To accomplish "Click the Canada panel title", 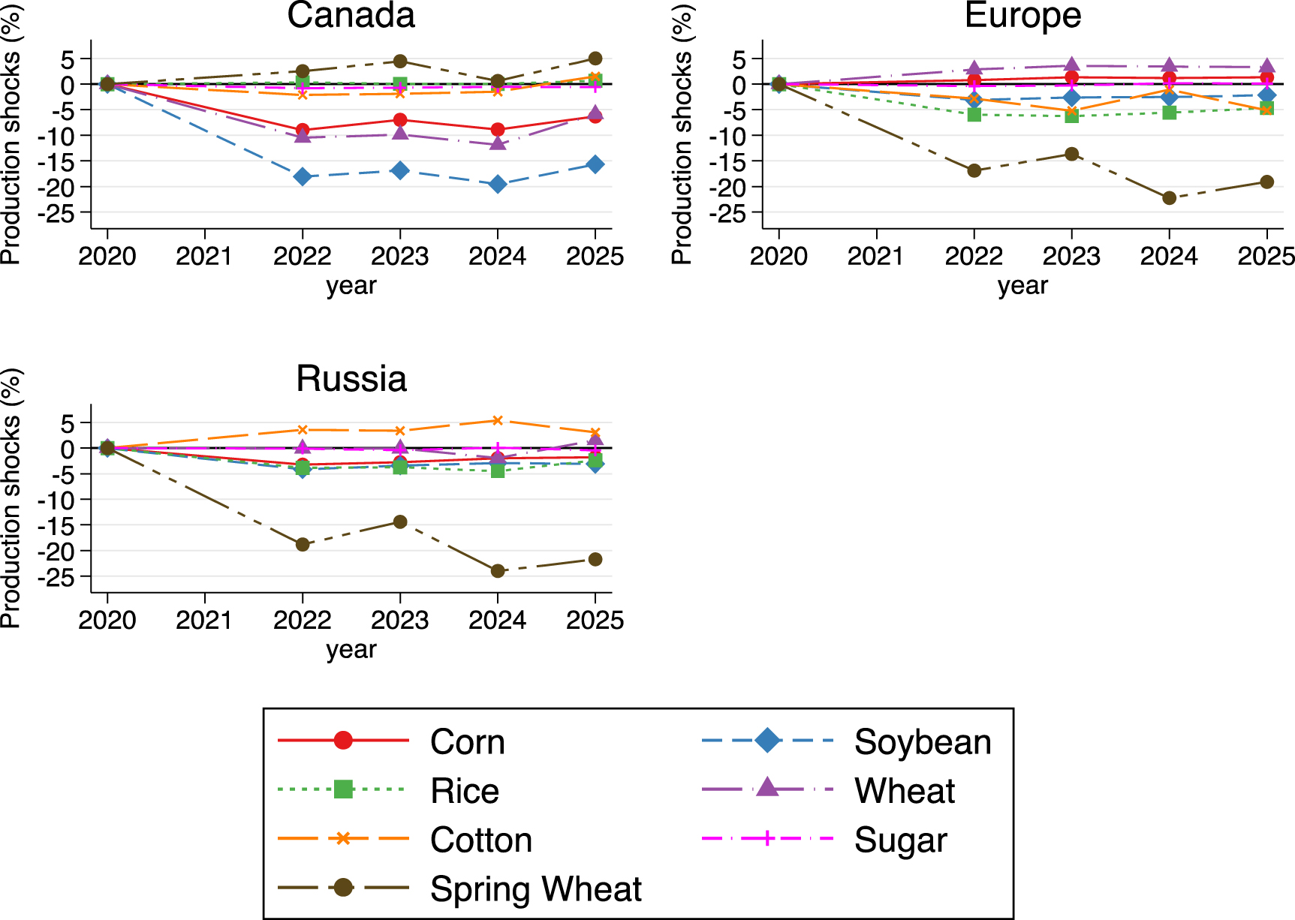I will [351, 16].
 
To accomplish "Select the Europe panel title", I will [1022, 16].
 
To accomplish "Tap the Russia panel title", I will [351, 379].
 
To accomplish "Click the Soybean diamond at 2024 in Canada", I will [497, 184].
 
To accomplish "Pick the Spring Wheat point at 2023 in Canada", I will [400, 62].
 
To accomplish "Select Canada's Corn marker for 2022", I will [303, 130].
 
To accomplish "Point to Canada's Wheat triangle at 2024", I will [497, 143].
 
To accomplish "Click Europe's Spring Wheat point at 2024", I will [1169, 198].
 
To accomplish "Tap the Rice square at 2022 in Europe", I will [974, 114].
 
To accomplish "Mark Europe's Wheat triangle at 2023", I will [1071, 65].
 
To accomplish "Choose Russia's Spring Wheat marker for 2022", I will [303, 544].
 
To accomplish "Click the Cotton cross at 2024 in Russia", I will [497, 421].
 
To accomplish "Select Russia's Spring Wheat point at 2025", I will [595, 559].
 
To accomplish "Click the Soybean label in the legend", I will [922, 742].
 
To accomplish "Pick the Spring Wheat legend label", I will [535, 889].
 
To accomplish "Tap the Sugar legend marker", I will [766, 838].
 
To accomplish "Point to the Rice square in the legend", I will [343, 789].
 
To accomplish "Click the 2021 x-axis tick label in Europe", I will [876, 257].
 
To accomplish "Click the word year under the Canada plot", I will [351, 286].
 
